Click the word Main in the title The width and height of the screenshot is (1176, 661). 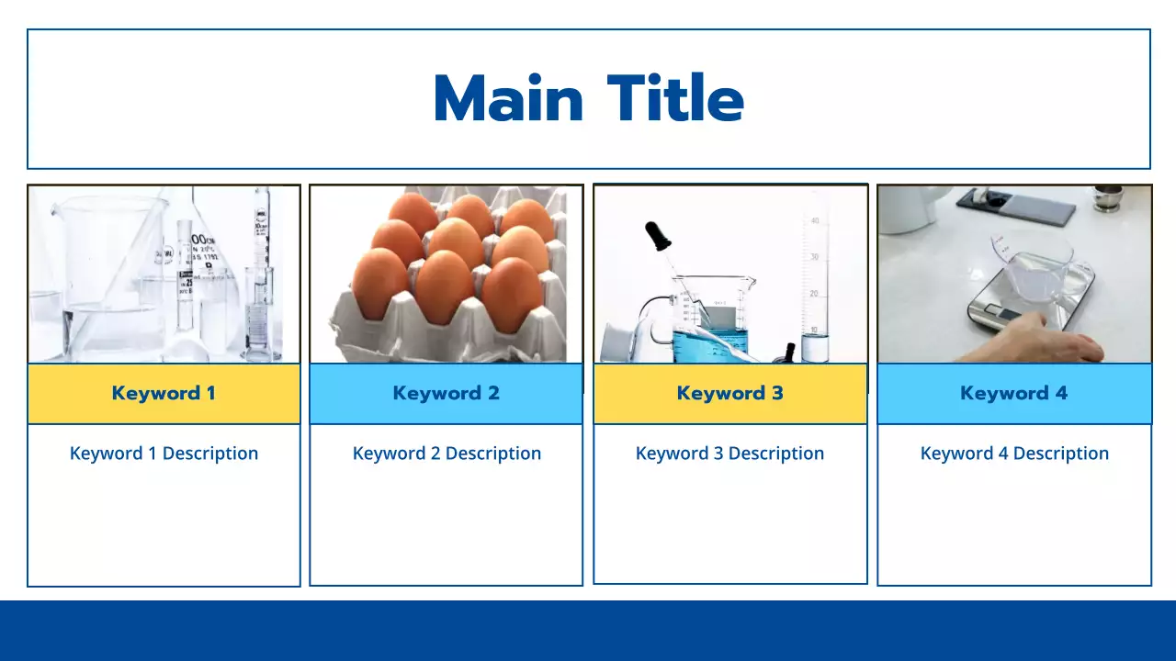pyautogui.click(x=508, y=99)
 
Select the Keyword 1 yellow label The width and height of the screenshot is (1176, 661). pyautogui.click(x=164, y=394)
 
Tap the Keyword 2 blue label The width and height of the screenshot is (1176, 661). pyautogui.click(x=446, y=394)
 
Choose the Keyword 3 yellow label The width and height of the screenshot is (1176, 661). pyautogui.click(x=729, y=394)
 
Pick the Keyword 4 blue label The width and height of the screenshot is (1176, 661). pyautogui.click(x=1013, y=394)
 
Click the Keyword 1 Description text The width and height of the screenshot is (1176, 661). pyautogui.click(x=164, y=454)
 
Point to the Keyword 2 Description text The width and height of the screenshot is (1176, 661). pyautogui.click(x=447, y=454)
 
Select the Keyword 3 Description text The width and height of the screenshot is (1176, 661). pyautogui.click(x=729, y=454)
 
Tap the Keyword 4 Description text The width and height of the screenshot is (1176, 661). pyautogui.click(x=1014, y=454)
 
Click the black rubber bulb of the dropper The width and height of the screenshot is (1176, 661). pyautogui.click(x=657, y=236)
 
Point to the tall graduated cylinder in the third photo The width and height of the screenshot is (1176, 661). pyautogui.click(x=814, y=285)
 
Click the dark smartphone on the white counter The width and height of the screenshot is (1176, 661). pyautogui.click(x=1015, y=206)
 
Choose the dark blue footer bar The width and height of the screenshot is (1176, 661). pyautogui.click(x=588, y=631)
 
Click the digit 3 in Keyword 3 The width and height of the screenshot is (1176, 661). pyautogui.click(x=777, y=394)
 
